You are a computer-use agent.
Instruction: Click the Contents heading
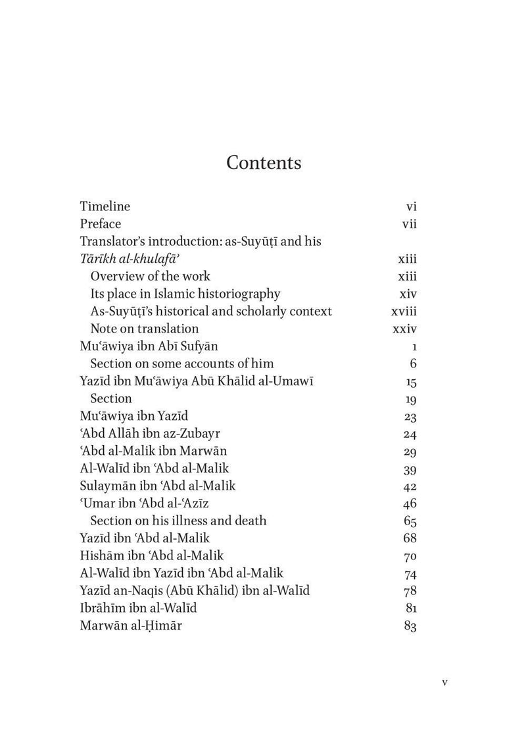(264, 163)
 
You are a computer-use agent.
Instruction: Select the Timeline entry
(105, 206)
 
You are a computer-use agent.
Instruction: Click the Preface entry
(101, 223)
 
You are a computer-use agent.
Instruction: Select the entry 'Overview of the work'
(151, 276)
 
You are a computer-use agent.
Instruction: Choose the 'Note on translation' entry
(145, 329)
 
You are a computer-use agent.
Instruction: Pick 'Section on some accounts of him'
(182, 364)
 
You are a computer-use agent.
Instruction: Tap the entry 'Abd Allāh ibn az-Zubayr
(148, 434)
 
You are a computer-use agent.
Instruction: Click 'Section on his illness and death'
(178, 521)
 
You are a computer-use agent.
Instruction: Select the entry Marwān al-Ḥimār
(131, 626)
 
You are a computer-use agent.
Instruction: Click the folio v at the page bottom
(445, 682)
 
